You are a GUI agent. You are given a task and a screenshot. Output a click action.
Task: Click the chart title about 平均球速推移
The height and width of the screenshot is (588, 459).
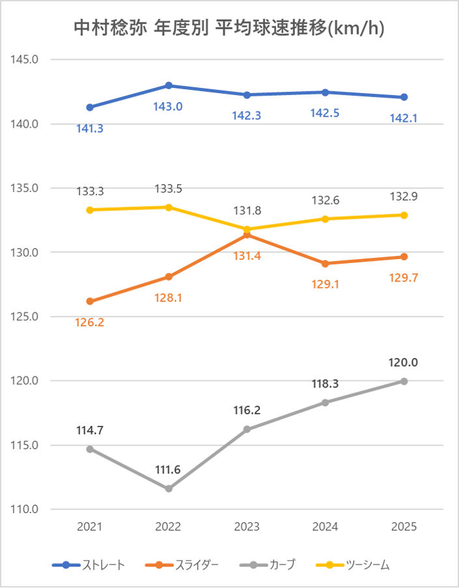229,29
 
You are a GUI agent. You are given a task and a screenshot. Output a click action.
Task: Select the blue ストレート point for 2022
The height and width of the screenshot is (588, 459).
169,85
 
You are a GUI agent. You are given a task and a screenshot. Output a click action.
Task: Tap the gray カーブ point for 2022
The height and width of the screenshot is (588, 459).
169,488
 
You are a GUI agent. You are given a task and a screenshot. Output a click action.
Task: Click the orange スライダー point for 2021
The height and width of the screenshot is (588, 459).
90,301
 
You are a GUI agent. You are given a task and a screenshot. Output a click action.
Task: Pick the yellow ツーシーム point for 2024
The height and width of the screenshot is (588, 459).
326,219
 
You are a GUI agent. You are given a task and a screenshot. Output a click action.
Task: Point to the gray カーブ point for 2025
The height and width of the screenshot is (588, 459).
404,381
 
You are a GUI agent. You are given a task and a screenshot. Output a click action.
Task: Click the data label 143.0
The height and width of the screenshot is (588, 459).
169,106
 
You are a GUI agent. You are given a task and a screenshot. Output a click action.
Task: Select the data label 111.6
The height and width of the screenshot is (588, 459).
169,469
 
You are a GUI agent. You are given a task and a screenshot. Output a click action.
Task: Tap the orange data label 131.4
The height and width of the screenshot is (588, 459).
247,257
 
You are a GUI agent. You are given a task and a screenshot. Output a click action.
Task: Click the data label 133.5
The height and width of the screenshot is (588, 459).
169,189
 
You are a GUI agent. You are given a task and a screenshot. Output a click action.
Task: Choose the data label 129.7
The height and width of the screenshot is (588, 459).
404,277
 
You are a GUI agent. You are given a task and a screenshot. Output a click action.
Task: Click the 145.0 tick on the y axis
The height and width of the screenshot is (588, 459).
26,59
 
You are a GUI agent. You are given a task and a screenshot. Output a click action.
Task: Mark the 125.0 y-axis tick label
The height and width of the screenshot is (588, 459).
26,316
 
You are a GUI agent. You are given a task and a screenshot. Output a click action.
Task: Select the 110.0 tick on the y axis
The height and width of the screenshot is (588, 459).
26,509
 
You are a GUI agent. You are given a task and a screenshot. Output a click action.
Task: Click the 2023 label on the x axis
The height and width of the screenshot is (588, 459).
247,527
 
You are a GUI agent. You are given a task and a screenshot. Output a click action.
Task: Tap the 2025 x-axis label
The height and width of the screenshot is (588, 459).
404,527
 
